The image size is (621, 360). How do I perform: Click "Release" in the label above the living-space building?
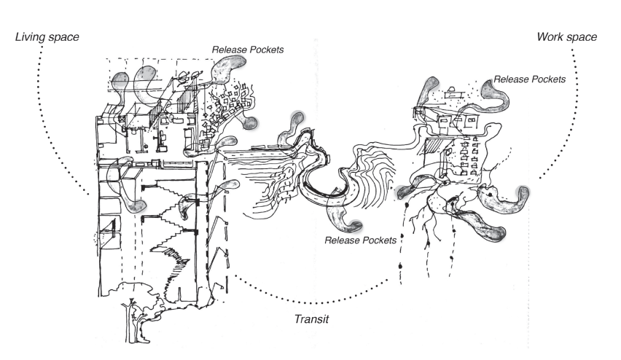[229, 50]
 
